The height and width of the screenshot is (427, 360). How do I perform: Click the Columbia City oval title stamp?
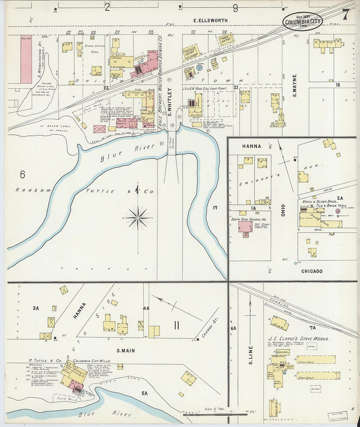(302, 22)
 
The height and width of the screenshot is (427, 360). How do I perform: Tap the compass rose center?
(138, 218)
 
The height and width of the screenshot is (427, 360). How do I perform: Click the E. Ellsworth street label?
(210, 20)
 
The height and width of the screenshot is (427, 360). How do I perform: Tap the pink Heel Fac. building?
(26, 59)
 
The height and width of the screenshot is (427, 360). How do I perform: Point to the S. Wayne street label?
(295, 86)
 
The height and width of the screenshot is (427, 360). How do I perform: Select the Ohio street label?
(283, 210)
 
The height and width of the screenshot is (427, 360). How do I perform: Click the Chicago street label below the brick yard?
(312, 271)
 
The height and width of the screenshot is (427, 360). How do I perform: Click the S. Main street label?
(126, 351)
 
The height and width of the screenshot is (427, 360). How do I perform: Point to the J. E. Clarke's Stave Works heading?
(299, 339)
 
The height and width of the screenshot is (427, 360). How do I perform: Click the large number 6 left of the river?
(22, 175)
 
